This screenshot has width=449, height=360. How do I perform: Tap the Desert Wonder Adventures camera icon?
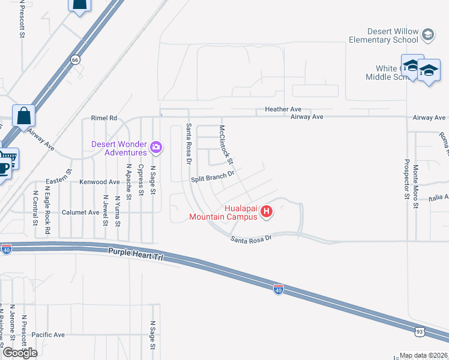(156, 146)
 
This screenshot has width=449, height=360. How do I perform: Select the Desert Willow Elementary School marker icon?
(427, 35)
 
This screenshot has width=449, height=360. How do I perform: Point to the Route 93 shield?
(420, 331)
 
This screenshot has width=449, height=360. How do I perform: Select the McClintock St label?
(226, 145)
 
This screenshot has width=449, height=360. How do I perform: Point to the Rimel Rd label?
(104, 118)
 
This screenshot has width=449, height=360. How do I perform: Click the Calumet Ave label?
(85, 212)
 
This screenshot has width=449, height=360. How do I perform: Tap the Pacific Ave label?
(48, 335)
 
